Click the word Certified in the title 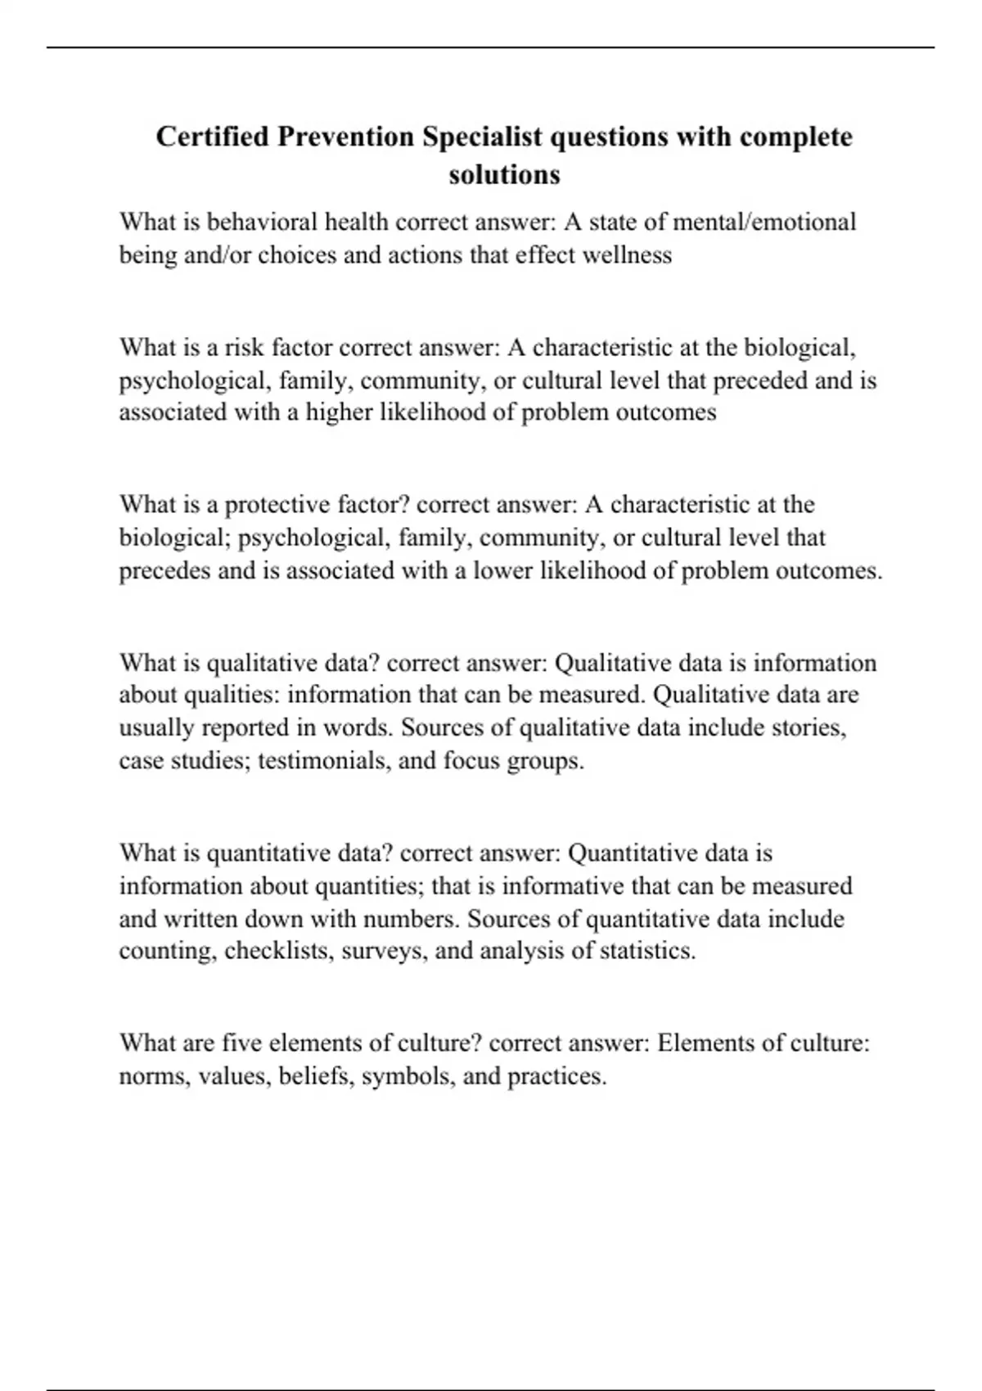pyautogui.click(x=212, y=137)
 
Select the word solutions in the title pyautogui.click(x=504, y=174)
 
